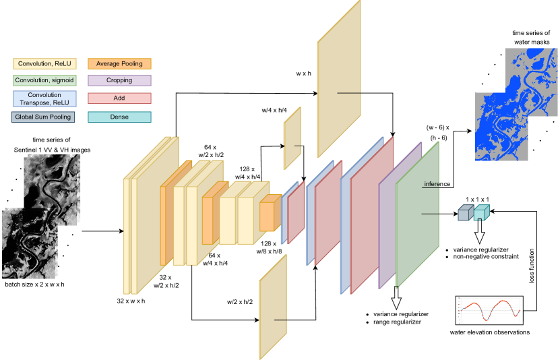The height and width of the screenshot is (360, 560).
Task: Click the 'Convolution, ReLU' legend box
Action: [x=44, y=64]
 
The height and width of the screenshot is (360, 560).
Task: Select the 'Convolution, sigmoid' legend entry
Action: [x=44, y=80]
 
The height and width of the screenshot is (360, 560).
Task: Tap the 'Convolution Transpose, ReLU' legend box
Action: [x=44, y=99]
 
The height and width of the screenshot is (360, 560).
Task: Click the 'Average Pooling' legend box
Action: [x=119, y=64]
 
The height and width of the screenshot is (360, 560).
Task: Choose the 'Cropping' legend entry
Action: [x=119, y=80]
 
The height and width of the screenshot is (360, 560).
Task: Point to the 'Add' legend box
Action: [x=119, y=98]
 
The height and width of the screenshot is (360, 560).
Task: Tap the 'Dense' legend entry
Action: [x=119, y=117]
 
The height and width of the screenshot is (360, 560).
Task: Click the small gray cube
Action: [x=465, y=213]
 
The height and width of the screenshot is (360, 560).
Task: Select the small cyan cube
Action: [x=480, y=213]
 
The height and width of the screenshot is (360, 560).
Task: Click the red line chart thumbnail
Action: [x=489, y=310]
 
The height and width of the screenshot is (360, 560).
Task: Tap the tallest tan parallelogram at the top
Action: [x=338, y=81]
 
